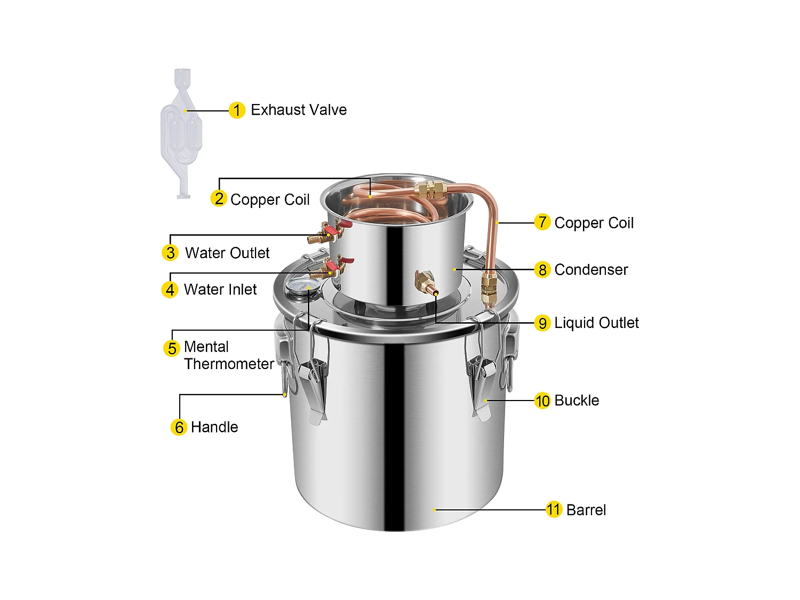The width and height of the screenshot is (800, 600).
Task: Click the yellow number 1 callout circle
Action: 237,110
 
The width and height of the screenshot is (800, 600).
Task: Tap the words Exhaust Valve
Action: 299,110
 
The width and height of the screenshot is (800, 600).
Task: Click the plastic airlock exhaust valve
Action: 182,133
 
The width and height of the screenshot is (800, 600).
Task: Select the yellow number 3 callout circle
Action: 170,253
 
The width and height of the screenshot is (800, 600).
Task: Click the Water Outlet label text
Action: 227,253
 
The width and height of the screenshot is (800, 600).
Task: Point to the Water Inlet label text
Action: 220,290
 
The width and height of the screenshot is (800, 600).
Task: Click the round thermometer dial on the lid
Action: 298,286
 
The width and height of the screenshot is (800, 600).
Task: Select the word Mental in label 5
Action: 206,347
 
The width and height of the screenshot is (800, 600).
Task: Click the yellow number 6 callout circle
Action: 179,427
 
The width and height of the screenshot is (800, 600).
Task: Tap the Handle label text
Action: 214,427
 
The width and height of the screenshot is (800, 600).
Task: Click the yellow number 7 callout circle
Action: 542,222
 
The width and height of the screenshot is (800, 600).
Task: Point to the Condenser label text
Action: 591,270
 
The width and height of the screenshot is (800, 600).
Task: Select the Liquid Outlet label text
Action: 596,323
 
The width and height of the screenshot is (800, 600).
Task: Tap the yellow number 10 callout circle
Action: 542,401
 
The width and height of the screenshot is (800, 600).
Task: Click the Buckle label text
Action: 577,401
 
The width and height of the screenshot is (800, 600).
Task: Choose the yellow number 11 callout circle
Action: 554,510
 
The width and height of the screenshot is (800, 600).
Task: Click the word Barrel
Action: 586,510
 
